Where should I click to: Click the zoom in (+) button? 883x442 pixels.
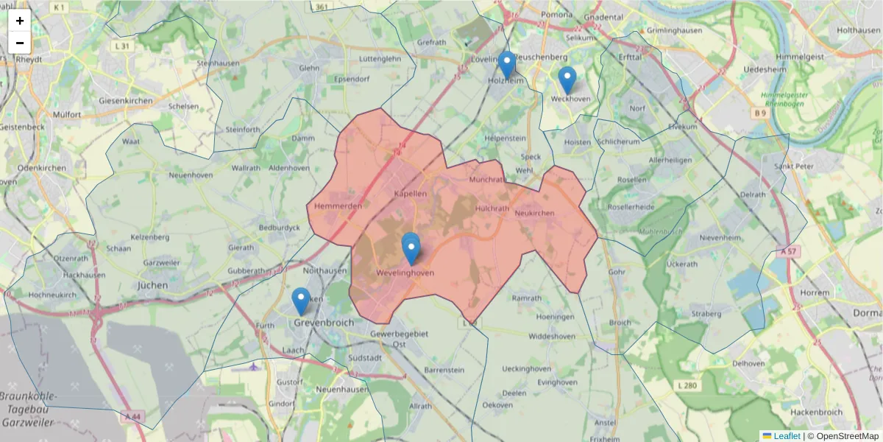pyautogui.click(x=20, y=21)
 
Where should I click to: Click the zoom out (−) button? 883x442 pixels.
pyautogui.click(x=20, y=43)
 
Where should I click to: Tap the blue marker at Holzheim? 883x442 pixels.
pyautogui.click(x=506, y=64)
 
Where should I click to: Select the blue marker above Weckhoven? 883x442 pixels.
pyautogui.click(x=567, y=80)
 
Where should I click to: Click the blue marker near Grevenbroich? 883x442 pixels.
pyautogui.click(x=300, y=301)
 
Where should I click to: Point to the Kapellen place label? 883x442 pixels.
pyautogui.click(x=411, y=193)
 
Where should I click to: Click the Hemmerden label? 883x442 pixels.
pyautogui.click(x=338, y=206)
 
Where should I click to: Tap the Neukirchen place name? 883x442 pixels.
pyautogui.click(x=534, y=213)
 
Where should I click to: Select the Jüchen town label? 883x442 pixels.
pyautogui.click(x=153, y=284)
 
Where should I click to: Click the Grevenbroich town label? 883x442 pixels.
pyautogui.click(x=324, y=323)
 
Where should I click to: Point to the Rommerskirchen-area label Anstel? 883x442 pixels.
pyautogui.click(x=605, y=423)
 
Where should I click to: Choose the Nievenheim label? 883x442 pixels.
pyautogui.click(x=720, y=238)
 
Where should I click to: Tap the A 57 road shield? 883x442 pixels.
pyautogui.click(x=787, y=251)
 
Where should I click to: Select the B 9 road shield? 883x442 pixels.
pyautogui.click(x=760, y=113)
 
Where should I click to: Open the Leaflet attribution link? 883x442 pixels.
pyautogui.click(x=787, y=436)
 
